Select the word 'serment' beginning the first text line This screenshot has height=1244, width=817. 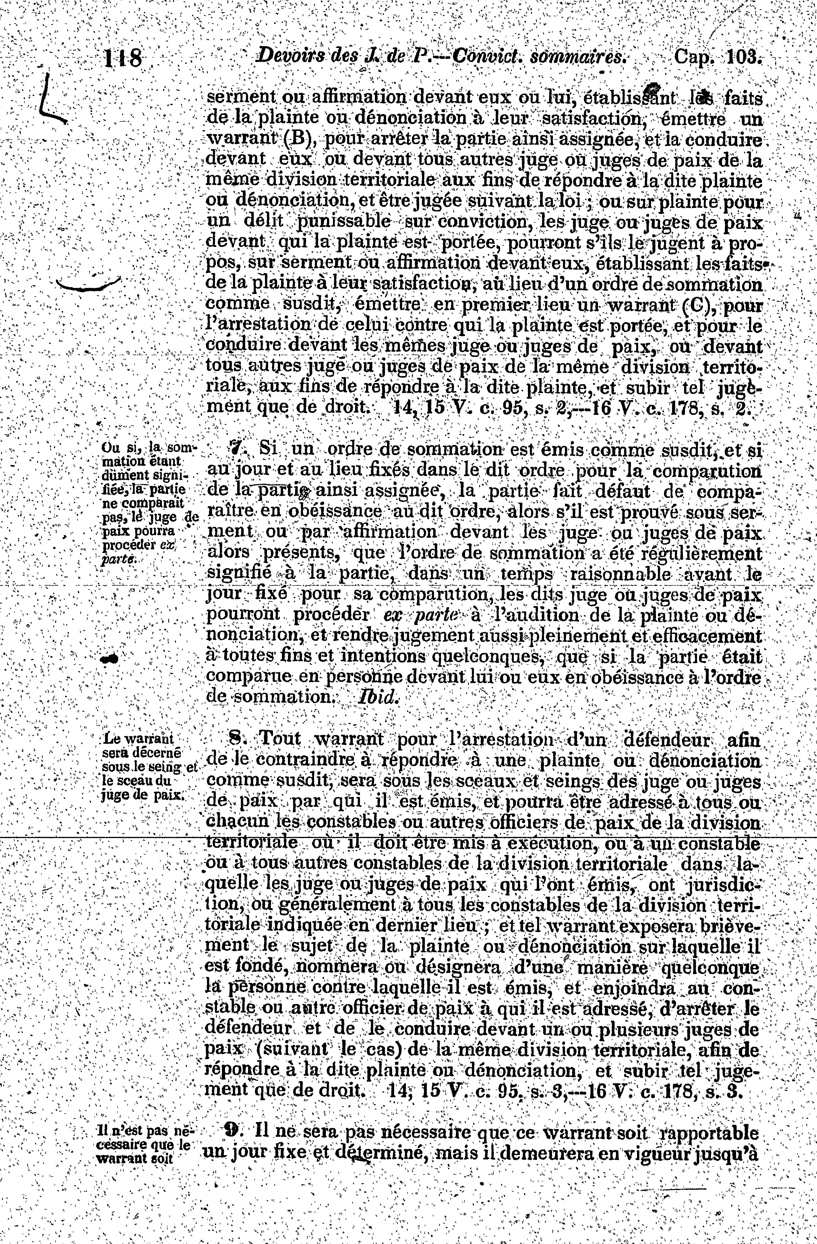tap(241, 98)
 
